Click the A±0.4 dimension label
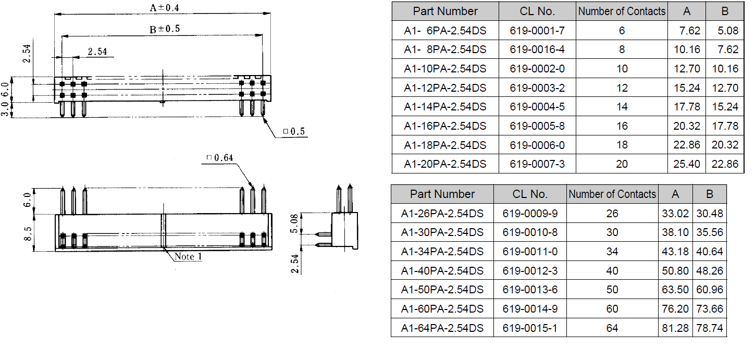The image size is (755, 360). [x=165, y=7]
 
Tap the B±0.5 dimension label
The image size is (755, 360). [x=165, y=29]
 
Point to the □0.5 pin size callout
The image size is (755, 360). [x=294, y=131]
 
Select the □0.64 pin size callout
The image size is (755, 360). [x=219, y=157]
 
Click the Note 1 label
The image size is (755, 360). [x=189, y=256]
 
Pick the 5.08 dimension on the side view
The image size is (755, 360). [x=294, y=224]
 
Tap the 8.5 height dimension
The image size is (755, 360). [x=28, y=233]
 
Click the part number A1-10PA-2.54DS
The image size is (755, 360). [x=445, y=69]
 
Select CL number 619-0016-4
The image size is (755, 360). [x=537, y=49]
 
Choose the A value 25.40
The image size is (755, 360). [x=687, y=164]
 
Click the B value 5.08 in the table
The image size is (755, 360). [x=728, y=31]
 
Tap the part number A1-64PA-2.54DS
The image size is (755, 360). [x=442, y=328]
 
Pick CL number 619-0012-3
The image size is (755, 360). [x=530, y=271]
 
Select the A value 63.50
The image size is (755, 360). [x=675, y=290]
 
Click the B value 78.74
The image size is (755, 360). [x=710, y=328]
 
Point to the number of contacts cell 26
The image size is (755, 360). [x=612, y=214]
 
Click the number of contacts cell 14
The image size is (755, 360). [x=622, y=107]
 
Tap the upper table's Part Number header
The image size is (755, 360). [x=445, y=11]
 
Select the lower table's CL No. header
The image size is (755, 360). [x=530, y=194]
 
